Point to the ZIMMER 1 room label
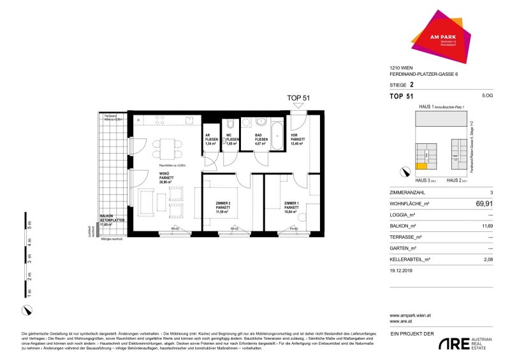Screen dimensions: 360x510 coord(291,206)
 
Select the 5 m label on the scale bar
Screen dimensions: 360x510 coord(27,223)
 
